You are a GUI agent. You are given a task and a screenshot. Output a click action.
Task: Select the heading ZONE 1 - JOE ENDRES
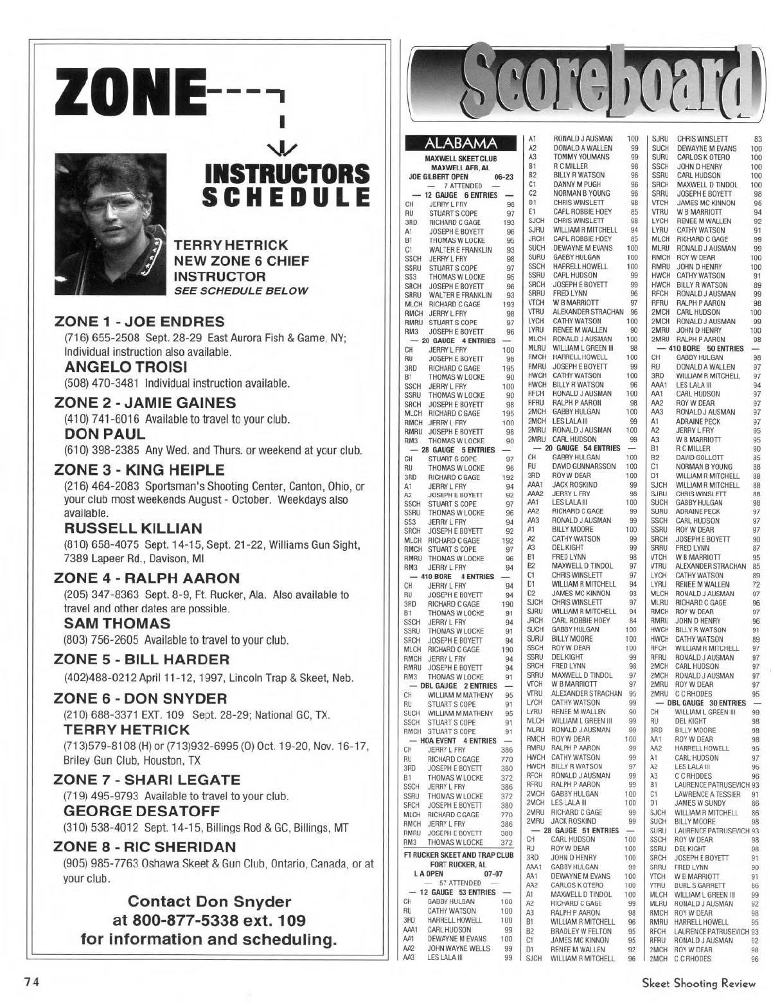tap(139, 322)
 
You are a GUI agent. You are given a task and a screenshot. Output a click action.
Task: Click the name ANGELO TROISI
tap(126, 367)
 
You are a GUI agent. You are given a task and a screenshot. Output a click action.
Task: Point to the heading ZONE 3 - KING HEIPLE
tap(139, 470)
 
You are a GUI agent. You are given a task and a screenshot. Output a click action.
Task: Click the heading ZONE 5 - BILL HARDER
tap(141, 660)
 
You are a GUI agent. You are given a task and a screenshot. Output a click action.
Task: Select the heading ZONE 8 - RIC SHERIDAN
tap(145, 846)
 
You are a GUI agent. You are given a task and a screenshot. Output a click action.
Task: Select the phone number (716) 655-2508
tap(94, 338)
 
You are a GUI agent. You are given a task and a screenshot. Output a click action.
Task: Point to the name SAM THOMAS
tap(118, 623)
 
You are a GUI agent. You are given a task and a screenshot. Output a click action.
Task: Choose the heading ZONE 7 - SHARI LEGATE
tap(147, 780)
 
